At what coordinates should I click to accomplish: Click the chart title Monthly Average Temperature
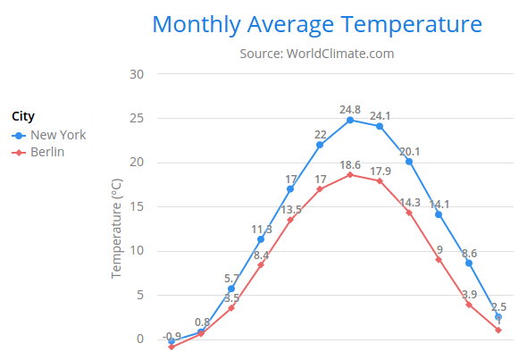pyautogui.click(x=317, y=24)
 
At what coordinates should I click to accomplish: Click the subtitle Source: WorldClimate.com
pyautogui.click(x=317, y=54)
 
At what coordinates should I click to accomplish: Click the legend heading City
pyautogui.click(x=23, y=116)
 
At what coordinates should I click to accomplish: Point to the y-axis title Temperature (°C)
pyautogui.click(x=116, y=228)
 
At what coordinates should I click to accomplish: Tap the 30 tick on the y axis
pyautogui.click(x=137, y=74)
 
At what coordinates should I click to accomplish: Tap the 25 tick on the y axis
pyautogui.click(x=137, y=118)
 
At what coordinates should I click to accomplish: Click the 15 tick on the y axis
pyautogui.click(x=137, y=206)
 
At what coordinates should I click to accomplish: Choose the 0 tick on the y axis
pyautogui.click(x=140, y=339)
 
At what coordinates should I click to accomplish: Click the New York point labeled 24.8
pyautogui.click(x=350, y=120)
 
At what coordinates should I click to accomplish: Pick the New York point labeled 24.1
pyautogui.click(x=380, y=126)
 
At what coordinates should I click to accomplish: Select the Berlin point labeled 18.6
pyautogui.click(x=350, y=175)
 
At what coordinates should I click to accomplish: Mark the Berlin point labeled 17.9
pyautogui.click(x=380, y=181)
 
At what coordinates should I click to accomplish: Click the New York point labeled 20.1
pyautogui.click(x=409, y=162)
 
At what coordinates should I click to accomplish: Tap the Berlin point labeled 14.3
pyautogui.click(x=409, y=213)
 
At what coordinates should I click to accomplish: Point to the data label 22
pyautogui.click(x=320, y=135)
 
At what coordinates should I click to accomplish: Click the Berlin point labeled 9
pyautogui.click(x=439, y=259)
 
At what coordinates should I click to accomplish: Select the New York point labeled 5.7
pyautogui.click(x=231, y=289)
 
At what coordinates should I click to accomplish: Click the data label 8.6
pyautogui.click(x=469, y=254)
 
